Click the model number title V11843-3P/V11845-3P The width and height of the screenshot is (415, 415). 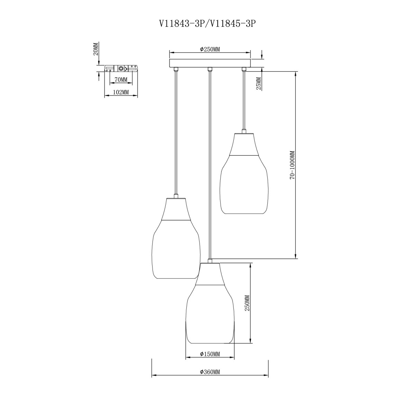coord(207,24)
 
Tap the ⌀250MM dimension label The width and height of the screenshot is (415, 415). coord(210,49)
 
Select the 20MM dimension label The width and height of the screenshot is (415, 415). coord(95,49)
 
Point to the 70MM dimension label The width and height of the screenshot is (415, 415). coord(121,80)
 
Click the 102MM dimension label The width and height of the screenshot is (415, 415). coord(121,92)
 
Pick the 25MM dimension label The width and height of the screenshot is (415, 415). coord(259,83)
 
